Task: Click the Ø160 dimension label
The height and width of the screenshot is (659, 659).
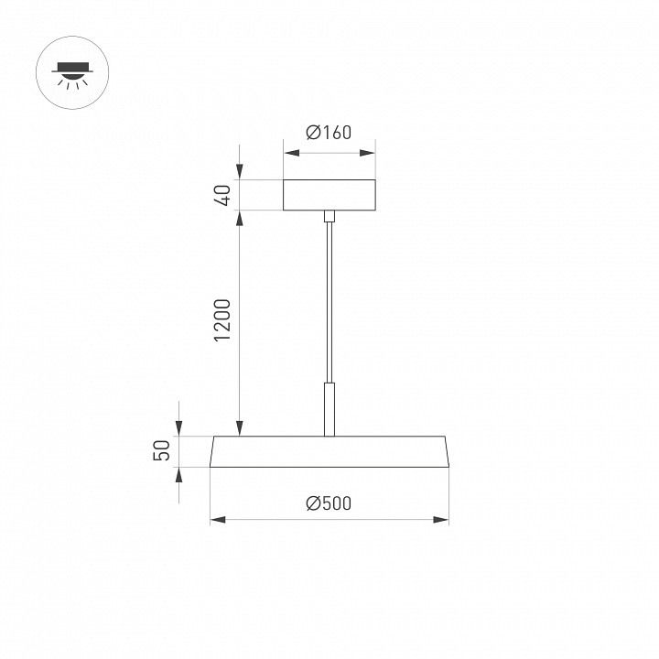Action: [x=329, y=133]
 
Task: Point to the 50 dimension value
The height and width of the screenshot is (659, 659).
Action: [x=162, y=451]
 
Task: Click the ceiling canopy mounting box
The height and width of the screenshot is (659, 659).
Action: [x=329, y=195]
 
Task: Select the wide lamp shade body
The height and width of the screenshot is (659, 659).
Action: [x=329, y=452]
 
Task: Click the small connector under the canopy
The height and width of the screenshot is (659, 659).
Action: [x=329, y=217]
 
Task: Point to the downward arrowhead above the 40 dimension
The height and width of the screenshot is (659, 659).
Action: [x=240, y=173]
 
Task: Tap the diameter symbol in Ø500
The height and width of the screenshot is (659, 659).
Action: [x=312, y=502]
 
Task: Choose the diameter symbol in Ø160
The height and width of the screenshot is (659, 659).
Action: [x=312, y=133]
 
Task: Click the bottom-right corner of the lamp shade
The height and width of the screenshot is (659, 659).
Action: [x=449, y=468]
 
